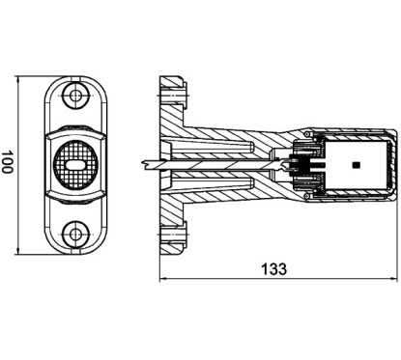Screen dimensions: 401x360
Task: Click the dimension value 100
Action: pyautogui.click(x=7, y=162)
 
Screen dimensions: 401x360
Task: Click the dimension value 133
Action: pyautogui.click(x=273, y=269)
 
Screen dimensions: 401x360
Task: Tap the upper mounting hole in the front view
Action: pyautogui.click(x=75, y=96)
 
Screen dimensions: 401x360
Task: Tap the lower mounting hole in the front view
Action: pyautogui.click(x=75, y=234)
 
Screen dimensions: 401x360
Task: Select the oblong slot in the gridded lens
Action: pyautogui.click(x=75, y=165)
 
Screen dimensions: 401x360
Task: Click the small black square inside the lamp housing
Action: pyautogui.click(x=357, y=165)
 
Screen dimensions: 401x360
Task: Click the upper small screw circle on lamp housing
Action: pyautogui.click(x=307, y=133)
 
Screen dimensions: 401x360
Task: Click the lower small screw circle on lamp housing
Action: pyautogui.click(x=307, y=196)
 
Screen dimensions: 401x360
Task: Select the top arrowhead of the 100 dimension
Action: pyautogui.click(x=18, y=79)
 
